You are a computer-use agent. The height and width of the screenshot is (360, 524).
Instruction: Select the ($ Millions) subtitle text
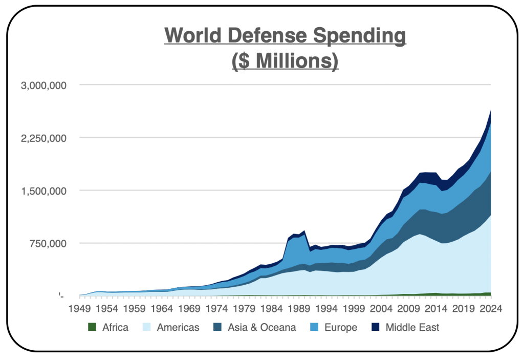click(x=285, y=61)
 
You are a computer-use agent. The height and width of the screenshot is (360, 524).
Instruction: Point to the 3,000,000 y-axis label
click(x=44, y=86)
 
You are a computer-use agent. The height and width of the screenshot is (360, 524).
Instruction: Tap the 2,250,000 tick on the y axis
click(x=44, y=138)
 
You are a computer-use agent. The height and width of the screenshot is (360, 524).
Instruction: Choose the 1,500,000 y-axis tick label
click(x=44, y=191)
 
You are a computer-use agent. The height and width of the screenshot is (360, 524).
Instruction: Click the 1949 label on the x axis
click(x=79, y=309)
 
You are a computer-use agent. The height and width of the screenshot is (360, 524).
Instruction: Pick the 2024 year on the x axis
click(x=490, y=309)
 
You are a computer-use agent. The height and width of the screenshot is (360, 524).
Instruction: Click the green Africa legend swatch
click(x=92, y=327)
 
